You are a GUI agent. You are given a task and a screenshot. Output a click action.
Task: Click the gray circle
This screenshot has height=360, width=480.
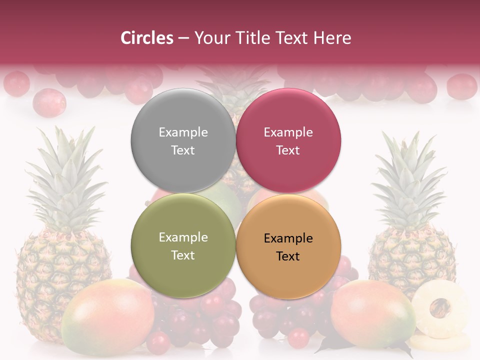(x=183, y=140)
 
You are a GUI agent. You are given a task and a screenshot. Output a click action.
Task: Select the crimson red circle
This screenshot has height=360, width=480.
(x=288, y=140)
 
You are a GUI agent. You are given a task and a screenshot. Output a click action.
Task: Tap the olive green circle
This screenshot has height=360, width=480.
(x=183, y=245)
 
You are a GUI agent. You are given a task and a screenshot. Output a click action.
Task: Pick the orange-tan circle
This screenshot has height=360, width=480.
(x=288, y=246)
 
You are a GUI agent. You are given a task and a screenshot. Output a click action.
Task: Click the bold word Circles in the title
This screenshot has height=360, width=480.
(x=147, y=38)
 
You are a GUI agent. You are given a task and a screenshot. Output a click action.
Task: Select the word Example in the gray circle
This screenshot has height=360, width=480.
(x=183, y=132)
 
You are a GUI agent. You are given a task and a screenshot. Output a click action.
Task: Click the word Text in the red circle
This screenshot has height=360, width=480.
(x=288, y=150)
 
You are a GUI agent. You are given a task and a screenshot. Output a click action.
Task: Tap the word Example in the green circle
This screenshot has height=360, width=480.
(x=183, y=237)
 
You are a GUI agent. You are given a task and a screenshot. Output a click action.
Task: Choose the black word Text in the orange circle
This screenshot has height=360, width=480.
(x=288, y=256)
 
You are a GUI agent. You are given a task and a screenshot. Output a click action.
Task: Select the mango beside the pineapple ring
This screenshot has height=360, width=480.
(x=372, y=314)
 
